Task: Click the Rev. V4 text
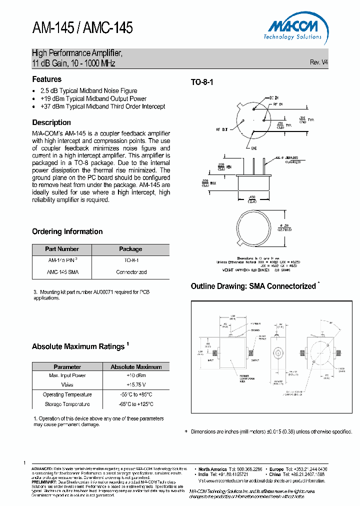point(318,62)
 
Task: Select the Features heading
point(47,79)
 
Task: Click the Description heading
point(51,122)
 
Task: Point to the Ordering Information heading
point(67,231)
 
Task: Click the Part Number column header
point(62,249)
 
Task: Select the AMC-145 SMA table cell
point(62,272)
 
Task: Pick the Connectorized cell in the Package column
point(131,272)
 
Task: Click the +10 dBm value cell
point(136,375)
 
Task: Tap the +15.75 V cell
point(136,384)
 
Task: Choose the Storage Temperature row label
point(67,404)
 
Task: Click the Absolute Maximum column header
point(136,366)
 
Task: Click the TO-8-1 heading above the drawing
point(202,82)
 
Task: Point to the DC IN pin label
point(274,97)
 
